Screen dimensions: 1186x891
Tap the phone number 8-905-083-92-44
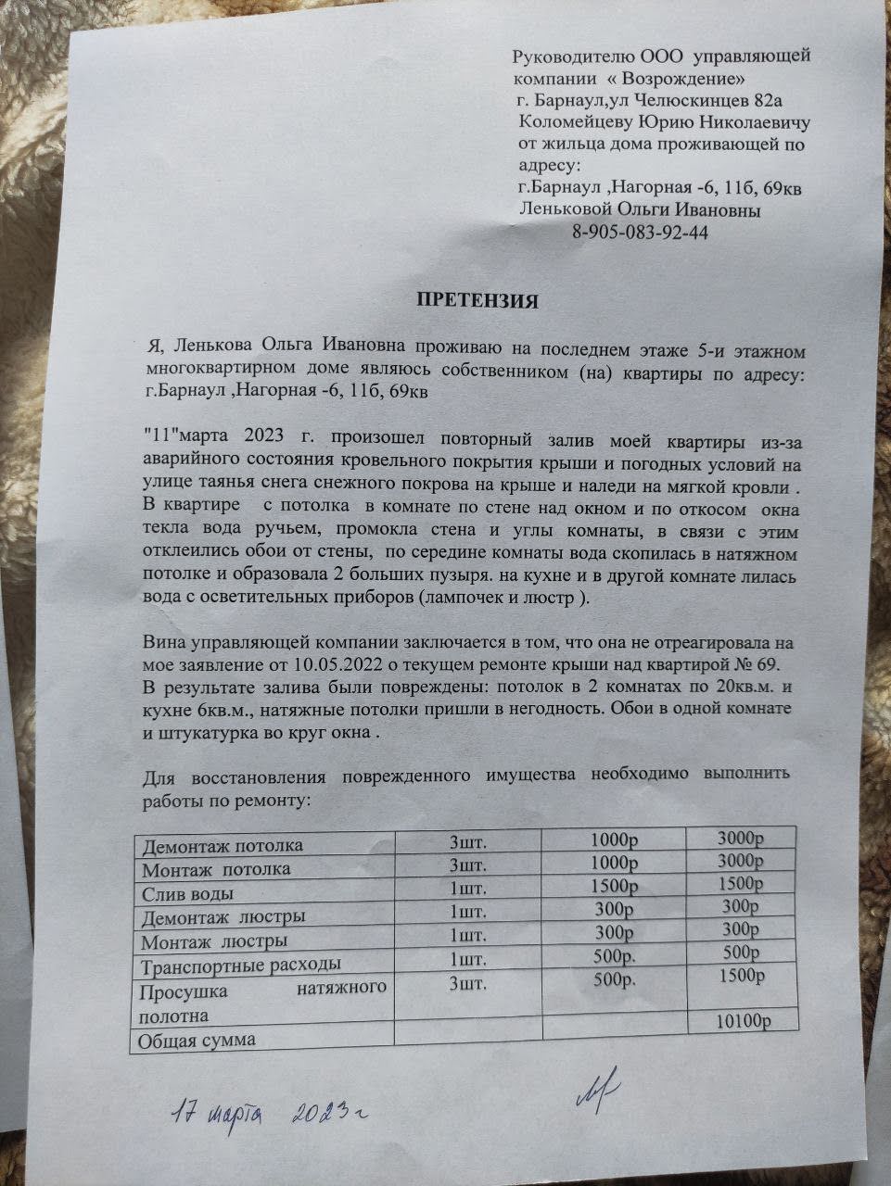641,233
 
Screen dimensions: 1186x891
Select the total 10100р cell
743,1021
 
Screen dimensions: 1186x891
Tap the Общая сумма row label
197,1040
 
